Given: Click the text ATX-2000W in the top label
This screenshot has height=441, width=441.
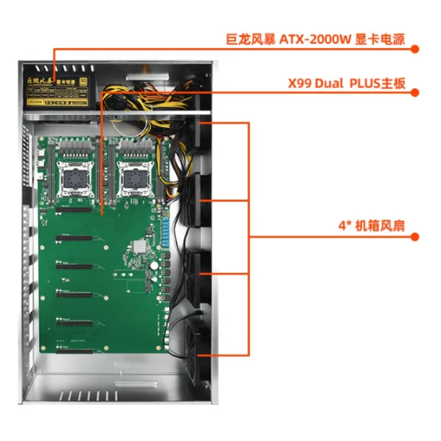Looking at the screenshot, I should pos(311,40).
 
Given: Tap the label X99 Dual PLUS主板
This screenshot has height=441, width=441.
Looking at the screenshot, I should pos(347,84).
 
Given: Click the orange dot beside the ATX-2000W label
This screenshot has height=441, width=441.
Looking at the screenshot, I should pos(415,49).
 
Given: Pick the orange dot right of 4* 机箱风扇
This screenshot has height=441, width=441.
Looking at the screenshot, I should pos(415,237).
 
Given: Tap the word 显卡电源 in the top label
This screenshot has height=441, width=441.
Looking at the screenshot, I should pos(381,40).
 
